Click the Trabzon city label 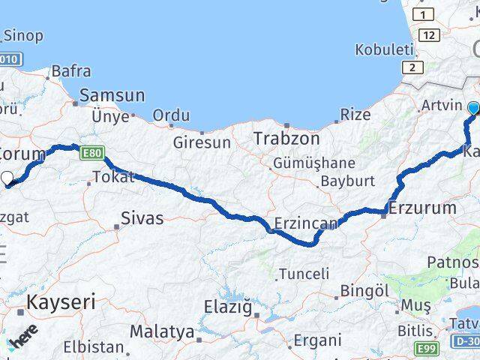point(286,139)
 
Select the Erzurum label point(421,208)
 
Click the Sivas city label point(143,220)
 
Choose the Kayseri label point(61,302)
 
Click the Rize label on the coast point(355,115)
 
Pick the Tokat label point(112,178)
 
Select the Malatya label point(161,331)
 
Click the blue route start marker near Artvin point(473,109)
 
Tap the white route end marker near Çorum point(7,178)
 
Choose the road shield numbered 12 point(429,35)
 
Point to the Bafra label point(72,72)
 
